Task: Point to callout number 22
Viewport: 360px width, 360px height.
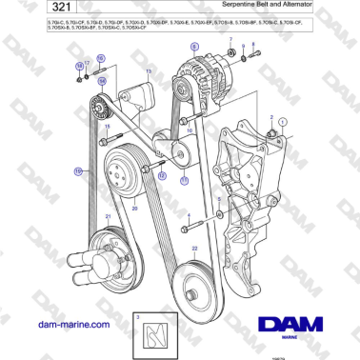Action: [x=196, y=248]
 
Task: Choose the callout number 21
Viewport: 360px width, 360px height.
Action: [x=108, y=217]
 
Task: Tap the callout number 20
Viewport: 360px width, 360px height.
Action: [x=134, y=207]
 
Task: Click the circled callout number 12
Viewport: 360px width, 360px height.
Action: [x=161, y=176]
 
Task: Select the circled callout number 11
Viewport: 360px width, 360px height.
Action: [x=184, y=178]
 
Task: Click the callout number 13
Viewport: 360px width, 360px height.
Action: [x=148, y=70]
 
